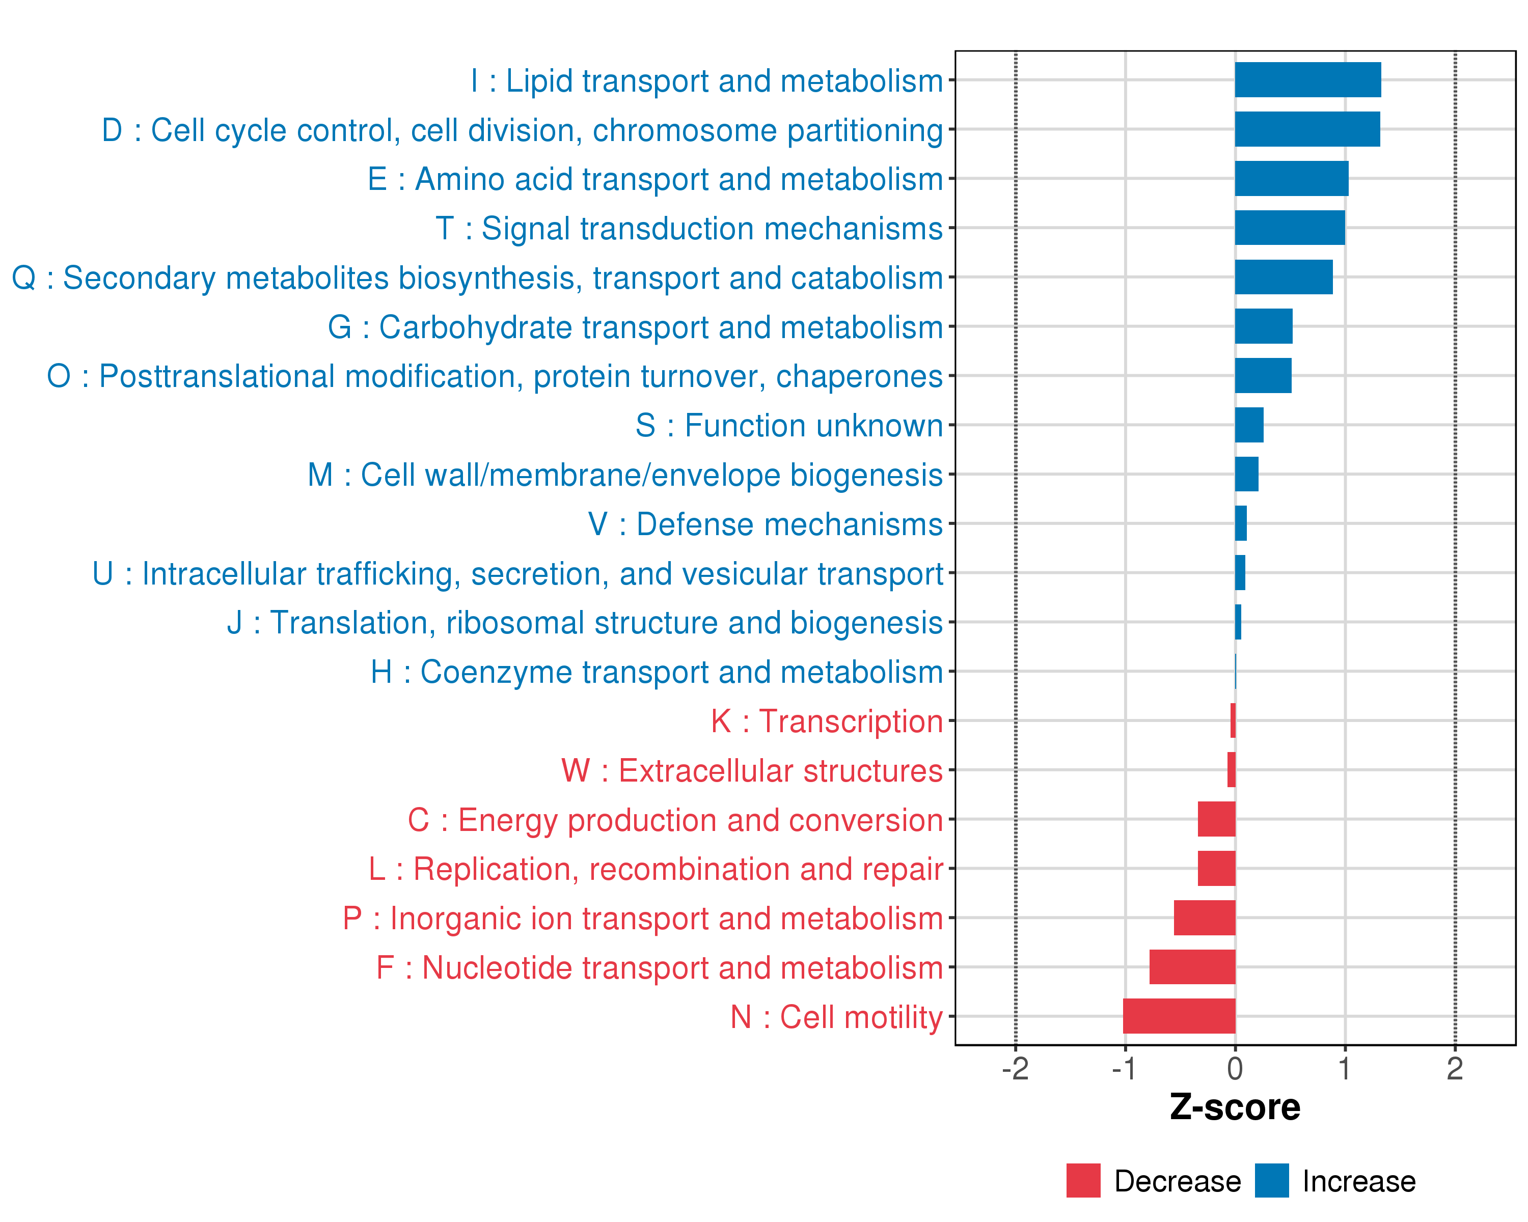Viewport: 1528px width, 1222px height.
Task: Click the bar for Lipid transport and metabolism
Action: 1307,80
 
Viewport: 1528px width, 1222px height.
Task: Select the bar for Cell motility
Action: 1179,1016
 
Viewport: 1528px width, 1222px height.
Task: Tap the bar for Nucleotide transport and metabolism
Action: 1192,967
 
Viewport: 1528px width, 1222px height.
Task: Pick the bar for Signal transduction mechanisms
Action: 1290,228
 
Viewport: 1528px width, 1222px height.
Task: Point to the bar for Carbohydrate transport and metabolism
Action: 1264,326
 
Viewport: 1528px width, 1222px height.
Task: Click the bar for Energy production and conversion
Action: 1216,819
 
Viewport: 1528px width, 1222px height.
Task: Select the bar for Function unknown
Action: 1249,425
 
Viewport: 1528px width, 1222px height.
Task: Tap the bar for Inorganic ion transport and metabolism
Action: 1204,918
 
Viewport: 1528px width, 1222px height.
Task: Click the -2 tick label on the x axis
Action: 1015,1068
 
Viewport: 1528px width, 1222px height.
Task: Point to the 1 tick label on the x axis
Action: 1345,1068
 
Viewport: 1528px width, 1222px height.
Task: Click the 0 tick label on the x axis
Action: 1235,1068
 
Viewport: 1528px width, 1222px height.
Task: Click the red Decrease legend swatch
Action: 1083,1181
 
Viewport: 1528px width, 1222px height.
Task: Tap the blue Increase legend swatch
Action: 1271,1181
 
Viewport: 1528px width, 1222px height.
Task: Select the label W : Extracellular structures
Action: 752,771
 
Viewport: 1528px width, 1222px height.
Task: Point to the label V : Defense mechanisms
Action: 766,524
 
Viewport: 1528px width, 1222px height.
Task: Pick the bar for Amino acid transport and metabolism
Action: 1291,179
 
